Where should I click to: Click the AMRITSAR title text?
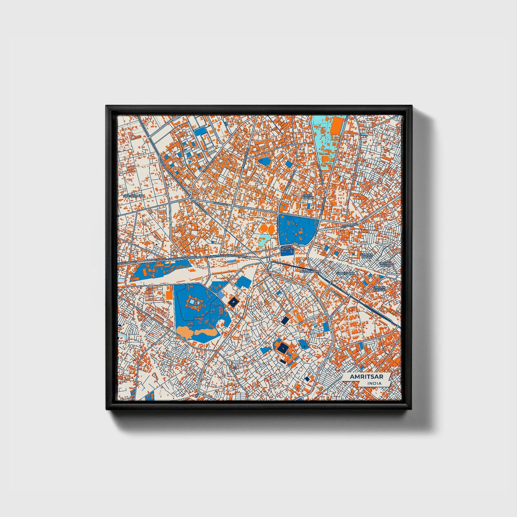(366, 377)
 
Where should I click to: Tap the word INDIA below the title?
(374, 383)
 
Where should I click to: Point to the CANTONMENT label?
(133, 196)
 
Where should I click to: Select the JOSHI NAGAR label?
(307, 196)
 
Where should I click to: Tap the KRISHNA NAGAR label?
(386, 264)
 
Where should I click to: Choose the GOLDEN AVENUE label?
(379, 288)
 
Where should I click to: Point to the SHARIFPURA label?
(345, 273)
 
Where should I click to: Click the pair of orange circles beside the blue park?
(266, 228)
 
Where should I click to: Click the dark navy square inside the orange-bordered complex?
(283, 347)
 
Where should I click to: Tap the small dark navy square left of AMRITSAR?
(307, 379)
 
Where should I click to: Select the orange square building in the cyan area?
(326, 158)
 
